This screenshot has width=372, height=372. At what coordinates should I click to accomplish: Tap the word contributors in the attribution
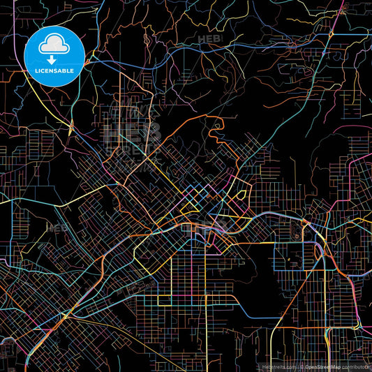click(355, 366)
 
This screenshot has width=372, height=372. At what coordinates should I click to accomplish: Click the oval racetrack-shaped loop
click(304, 230)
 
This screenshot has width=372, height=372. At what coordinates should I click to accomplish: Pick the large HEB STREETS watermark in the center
click(133, 136)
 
